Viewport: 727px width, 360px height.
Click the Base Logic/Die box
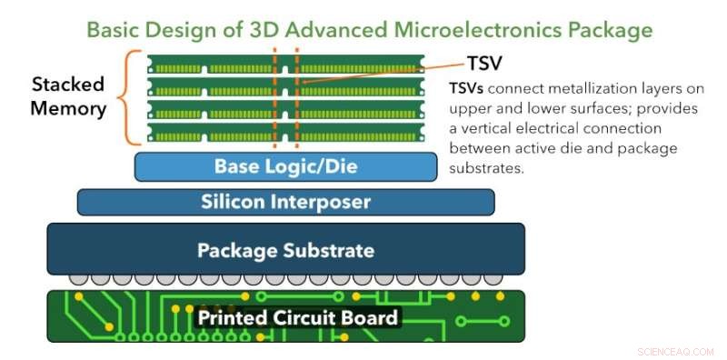coord(285,167)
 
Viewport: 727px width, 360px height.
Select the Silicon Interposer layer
coord(285,202)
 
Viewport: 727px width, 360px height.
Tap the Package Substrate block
coord(285,249)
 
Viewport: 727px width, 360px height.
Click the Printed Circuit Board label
coord(297,317)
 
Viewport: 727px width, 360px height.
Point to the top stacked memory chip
coord(285,65)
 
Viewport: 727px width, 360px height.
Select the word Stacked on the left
coord(68,85)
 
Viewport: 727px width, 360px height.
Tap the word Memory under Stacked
coord(68,108)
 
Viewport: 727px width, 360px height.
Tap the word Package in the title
coord(602,30)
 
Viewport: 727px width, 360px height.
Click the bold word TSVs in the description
coord(469,89)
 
